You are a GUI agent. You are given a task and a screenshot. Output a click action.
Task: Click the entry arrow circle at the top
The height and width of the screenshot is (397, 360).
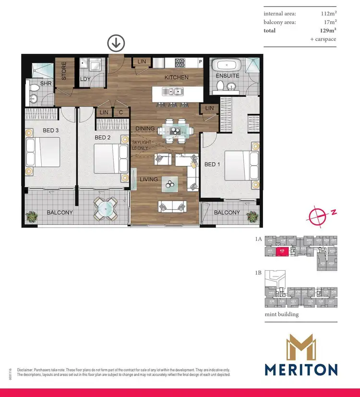(116, 43)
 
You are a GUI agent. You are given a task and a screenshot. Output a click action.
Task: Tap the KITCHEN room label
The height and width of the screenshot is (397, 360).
(176, 77)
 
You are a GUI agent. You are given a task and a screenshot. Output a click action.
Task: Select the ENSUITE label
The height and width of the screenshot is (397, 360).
(227, 76)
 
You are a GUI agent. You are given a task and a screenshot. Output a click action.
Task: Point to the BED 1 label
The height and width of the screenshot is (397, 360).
(212, 164)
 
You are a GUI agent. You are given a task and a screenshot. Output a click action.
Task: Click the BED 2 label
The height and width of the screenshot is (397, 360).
(103, 138)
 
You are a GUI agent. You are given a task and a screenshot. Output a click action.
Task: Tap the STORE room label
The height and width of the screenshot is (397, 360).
(64, 71)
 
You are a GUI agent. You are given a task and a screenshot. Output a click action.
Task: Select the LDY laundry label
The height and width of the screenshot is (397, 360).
(85, 79)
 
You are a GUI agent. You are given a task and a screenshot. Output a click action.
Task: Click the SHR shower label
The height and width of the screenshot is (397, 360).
(33, 84)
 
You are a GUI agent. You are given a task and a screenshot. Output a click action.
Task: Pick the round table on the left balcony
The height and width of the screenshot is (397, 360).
(104, 209)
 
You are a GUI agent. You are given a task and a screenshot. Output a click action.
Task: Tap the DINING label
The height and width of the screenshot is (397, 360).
(145, 129)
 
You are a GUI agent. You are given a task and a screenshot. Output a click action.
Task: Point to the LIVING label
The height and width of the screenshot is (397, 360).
(148, 180)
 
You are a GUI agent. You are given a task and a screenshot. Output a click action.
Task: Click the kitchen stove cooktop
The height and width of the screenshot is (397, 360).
(180, 62)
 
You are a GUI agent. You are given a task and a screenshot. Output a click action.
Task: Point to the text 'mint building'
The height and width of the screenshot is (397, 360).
(282, 314)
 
